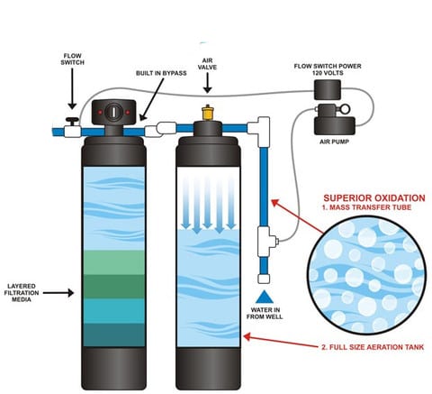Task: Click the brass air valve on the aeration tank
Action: point(207,113)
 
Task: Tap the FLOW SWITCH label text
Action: point(73,60)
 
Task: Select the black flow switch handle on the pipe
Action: point(72,121)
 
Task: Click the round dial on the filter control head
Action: point(114,112)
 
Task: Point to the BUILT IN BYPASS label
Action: point(161,73)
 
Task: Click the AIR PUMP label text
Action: point(334,142)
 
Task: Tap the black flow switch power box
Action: point(328,89)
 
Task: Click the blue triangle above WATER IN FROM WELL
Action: point(265,297)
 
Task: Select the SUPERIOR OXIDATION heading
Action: point(374,198)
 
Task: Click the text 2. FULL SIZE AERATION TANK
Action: point(373,347)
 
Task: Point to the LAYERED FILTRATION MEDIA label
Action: point(22,293)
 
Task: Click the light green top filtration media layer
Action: point(114,262)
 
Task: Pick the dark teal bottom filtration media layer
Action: point(114,334)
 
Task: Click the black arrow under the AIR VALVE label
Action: point(207,82)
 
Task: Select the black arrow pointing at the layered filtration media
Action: point(58,293)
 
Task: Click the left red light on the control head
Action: point(100,113)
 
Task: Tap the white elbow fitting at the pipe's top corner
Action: point(260,131)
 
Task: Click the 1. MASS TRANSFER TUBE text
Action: point(366,207)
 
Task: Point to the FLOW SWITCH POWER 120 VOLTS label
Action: point(328,69)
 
